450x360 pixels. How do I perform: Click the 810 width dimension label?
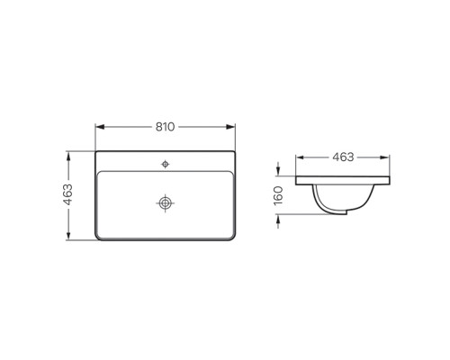165,127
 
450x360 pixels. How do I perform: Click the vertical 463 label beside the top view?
68,194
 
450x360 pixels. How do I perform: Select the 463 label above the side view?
343,157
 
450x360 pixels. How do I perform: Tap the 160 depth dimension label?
278,195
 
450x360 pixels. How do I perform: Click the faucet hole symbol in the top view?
166,164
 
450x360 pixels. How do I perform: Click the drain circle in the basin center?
166,203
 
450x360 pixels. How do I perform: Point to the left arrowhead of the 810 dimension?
100,127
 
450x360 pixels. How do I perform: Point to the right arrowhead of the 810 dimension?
230,127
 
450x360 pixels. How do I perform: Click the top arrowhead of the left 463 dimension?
68,156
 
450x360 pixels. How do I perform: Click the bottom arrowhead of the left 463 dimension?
68,235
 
